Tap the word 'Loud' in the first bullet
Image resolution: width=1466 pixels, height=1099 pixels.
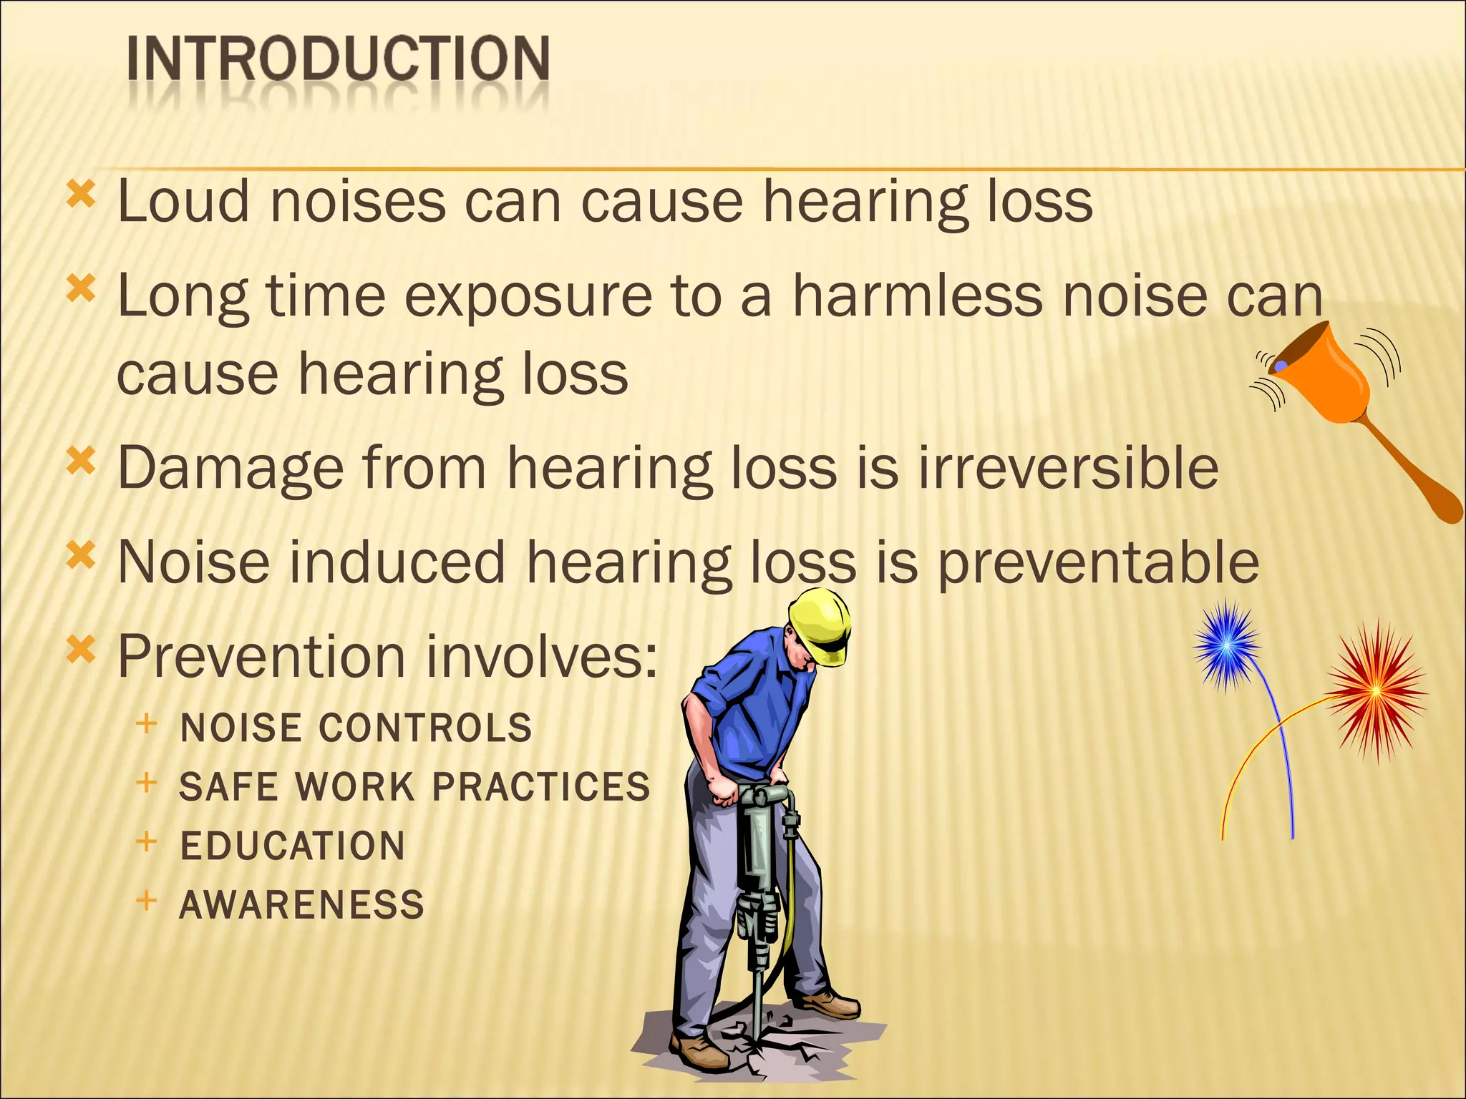[x=183, y=202]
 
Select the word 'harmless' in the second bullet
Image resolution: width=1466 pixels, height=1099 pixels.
[x=917, y=296]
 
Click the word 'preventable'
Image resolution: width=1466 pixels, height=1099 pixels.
[x=1098, y=562]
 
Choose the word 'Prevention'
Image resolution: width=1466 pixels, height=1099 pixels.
[x=261, y=657]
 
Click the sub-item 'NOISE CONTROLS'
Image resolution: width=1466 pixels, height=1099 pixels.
[x=356, y=728]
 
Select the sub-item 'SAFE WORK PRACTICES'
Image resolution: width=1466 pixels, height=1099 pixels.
[x=414, y=787]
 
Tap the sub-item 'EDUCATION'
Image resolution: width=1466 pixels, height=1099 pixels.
[x=292, y=846]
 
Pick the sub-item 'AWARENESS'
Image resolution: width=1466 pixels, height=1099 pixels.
[x=301, y=904]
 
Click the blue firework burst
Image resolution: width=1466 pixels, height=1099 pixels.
[x=1226, y=644]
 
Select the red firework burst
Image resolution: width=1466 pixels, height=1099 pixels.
[x=1376, y=690]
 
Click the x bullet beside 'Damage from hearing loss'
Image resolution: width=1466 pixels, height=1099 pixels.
[x=81, y=461]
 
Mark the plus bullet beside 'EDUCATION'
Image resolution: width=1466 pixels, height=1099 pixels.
[x=146, y=841]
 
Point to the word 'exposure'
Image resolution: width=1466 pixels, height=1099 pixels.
[x=528, y=296]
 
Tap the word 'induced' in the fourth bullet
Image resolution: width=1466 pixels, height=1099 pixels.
[x=398, y=562]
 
